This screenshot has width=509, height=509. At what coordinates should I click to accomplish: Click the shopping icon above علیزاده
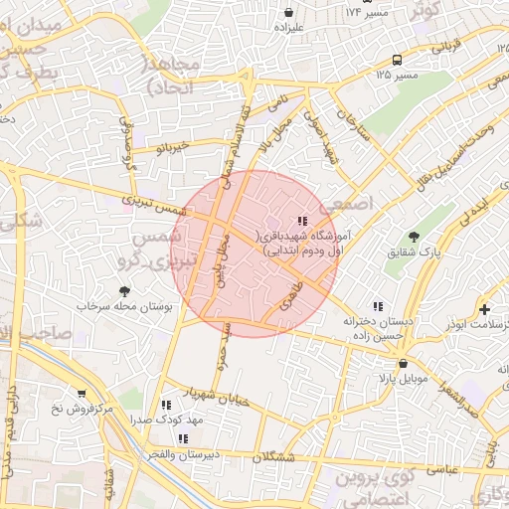[x=288, y=13]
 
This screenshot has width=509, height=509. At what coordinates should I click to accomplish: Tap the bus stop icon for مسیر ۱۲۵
[x=397, y=59]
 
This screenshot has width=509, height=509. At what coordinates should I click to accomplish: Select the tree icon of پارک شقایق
[x=414, y=237]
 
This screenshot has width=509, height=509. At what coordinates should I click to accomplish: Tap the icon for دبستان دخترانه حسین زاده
[x=377, y=307]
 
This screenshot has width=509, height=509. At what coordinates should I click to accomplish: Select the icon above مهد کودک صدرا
[x=166, y=405]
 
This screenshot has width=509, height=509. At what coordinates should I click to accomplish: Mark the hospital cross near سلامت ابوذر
[x=484, y=309]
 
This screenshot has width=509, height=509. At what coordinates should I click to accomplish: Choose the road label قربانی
[x=445, y=45]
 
